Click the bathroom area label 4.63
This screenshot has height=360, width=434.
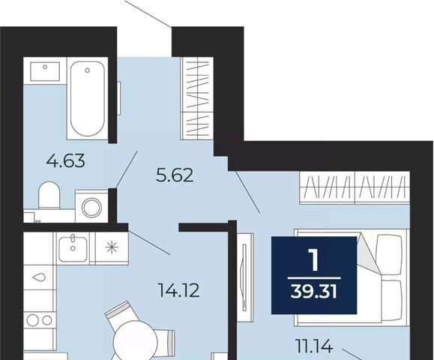pyautogui.click(x=65, y=160)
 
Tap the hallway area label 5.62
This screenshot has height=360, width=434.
pyautogui.click(x=175, y=175)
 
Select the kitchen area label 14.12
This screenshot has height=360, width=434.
pyautogui.click(x=178, y=291)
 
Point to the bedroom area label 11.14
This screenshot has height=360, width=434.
pyautogui.click(x=314, y=346)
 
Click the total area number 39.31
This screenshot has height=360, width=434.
pyautogui.click(x=314, y=292)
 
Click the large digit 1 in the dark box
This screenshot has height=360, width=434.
pyautogui.click(x=314, y=259)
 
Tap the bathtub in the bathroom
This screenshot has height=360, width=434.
pyautogui.click(x=88, y=98)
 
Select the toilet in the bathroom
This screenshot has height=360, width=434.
pyautogui.click(x=49, y=195)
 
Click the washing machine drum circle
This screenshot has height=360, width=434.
pyautogui.click(x=91, y=207)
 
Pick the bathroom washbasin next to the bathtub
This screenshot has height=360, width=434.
pyautogui.click(x=45, y=71)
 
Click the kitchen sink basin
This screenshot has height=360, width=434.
pyautogui.click(x=73, y=248)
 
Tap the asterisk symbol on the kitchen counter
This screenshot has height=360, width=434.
pyautogui.click(x=112, y=247)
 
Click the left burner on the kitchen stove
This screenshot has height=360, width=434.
pyautogui.click(x=33, y=320)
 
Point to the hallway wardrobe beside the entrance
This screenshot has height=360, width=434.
pyautogui.click(x=197, y=98)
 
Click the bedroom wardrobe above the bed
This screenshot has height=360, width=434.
pyautogui.click(x=355, y=187)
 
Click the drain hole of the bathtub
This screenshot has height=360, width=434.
pyautogui.click(x=88, y=70)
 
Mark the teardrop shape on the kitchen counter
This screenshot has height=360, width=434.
pyautogui.click(x=39, y=277)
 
